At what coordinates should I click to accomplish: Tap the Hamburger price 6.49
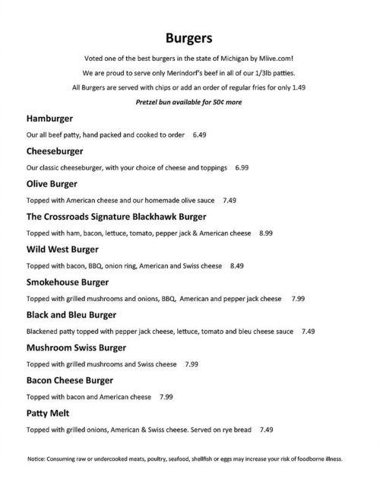pyautogui.click(x=200, y=135)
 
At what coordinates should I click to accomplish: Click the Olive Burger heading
pyautogui.click(x=52, y=184)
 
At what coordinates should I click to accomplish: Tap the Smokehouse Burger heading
pyautogui.click(x=67, y=282)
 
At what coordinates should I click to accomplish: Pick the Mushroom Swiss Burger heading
pyautogui.click(x=76, y=348)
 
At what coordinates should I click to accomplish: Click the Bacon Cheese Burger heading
pyautogui.click(x=69, y=380)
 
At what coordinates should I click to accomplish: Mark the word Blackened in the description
pyautogui.click(x=44, y=332)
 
